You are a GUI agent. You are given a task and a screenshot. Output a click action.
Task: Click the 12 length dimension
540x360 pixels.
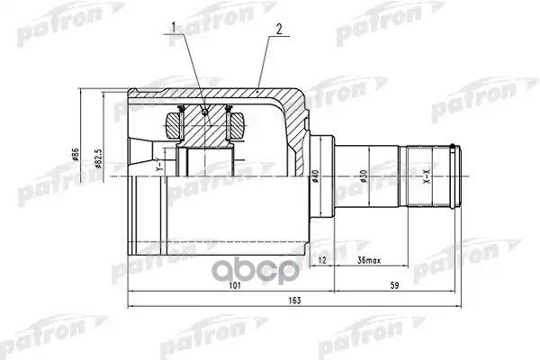click(322, 261)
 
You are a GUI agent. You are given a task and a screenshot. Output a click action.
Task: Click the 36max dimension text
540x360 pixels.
click(370, 261)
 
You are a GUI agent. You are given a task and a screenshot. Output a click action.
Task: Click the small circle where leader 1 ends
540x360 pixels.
click(205, 111)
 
